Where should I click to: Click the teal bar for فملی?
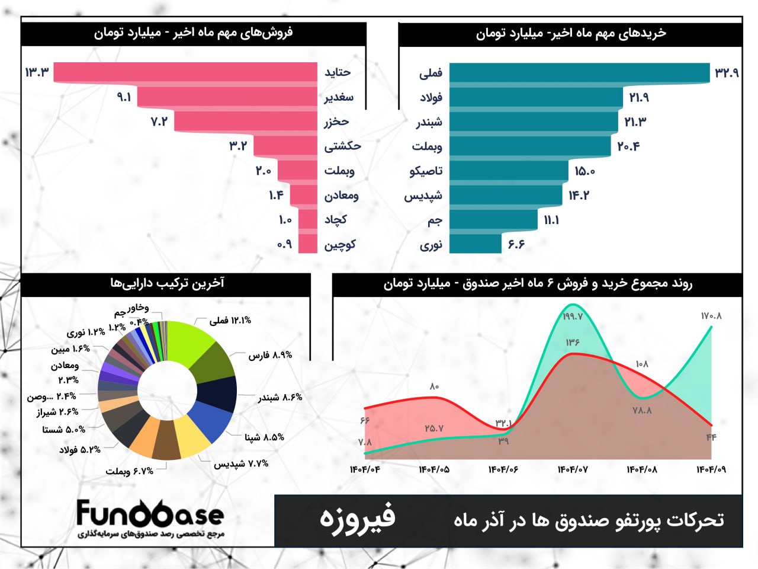coord(579,72)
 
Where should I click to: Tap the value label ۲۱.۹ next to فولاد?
coord(639,97)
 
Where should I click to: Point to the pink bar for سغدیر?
coord(227,97)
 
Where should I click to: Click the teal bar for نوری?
coord(475,244)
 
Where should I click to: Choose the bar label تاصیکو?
coord(426,171)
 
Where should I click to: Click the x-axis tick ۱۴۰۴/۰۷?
coord(573,469)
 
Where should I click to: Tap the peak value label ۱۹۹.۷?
coord(573,317)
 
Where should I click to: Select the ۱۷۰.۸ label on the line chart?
coord(711,316)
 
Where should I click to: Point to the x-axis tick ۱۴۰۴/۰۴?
coord(365,469)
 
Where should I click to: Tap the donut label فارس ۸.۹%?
coord(270,355)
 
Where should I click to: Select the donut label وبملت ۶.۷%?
coord(130,471)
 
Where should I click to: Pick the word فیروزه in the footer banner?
coord(357,518)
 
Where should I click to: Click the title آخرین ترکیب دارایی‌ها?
coord(167,283)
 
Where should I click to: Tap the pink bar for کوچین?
coord(308,244)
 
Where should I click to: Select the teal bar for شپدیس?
coord(505,196)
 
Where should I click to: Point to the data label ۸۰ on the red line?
coord(434,386)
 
